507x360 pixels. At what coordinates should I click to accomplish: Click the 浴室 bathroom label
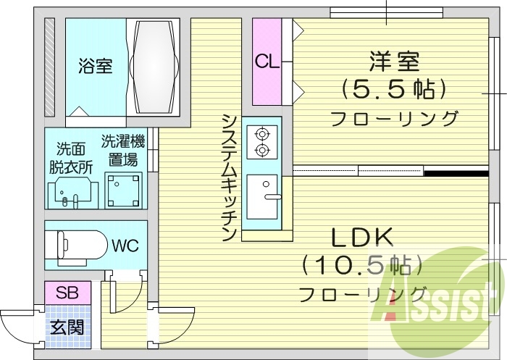tap(95, 67)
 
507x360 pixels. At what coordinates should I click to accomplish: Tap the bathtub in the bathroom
tap(154, 66)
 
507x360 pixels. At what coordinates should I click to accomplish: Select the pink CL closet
tap(266, 62)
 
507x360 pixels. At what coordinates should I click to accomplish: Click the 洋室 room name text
tap(393, 61)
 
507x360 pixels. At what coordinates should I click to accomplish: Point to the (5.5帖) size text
tap(393, 89)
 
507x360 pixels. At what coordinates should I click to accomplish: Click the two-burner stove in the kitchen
tap(261, 142)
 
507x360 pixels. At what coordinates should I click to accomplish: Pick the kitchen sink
tap(262, 196)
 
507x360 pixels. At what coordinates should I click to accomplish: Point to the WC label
tap(121, 244)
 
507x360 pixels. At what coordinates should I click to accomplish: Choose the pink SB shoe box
tap(67, 293)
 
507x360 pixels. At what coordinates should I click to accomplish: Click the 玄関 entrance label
tap(66, 327)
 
